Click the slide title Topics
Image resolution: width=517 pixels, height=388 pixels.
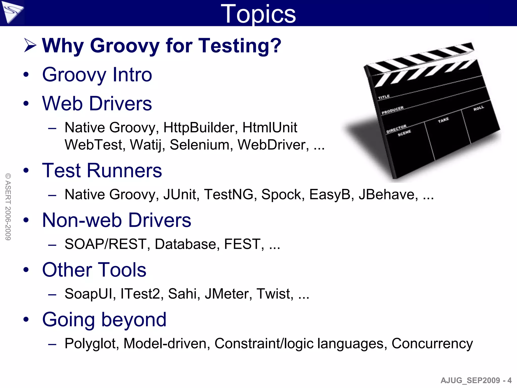(x=258, y=14)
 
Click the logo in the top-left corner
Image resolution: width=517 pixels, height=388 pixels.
(x=12, y=12)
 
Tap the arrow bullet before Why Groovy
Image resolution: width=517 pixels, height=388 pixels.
(x=30, y=45)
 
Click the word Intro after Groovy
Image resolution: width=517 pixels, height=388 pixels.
(x=132, y=75)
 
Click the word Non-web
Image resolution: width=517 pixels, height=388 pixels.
(x=82, y=220)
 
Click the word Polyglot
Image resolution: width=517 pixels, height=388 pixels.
(x=92, y=344)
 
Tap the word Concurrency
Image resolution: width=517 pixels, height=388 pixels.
(x=432, y=344)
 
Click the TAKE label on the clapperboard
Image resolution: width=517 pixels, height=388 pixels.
(x=443, y=120)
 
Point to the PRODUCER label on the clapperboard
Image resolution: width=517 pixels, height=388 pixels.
(x=393, y=110)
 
